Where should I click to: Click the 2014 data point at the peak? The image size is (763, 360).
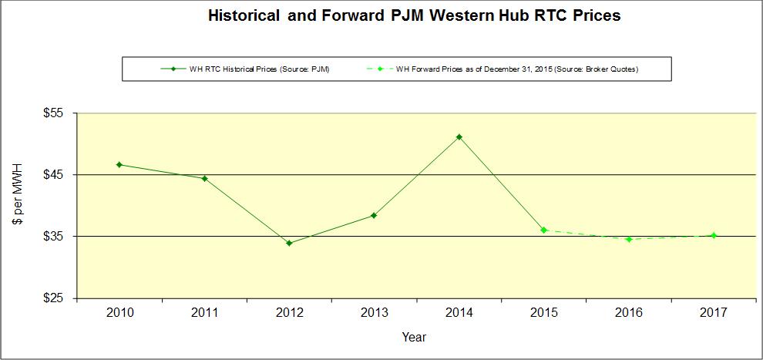click(x=459, y=137)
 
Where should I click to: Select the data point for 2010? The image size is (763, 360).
click(x=119, y=164)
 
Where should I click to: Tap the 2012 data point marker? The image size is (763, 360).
click(x=289, y=243)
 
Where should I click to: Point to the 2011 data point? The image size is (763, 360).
click(x=204, y=178)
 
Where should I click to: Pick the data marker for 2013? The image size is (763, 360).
click(x=374, y=215)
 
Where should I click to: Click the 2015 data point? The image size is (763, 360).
click(x=544, y=230)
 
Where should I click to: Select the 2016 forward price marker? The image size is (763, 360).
click(x=629, y=239)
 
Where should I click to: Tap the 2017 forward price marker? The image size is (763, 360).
click(x=714, y=235)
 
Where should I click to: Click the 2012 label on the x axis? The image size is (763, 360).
click(x=289, y=312)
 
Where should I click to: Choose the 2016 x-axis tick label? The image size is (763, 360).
click(x=629, y=312)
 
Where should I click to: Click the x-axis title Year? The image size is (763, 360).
click(x=414, y=337)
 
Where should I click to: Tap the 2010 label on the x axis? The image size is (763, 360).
click(x=119, y=312)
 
